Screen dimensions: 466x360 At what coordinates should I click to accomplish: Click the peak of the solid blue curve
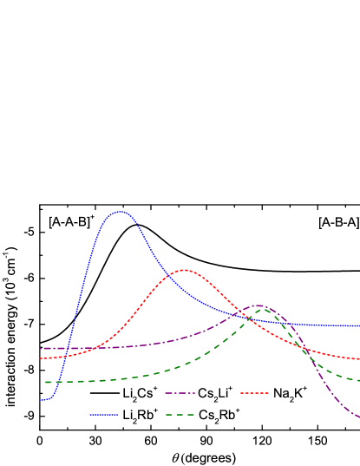pos(120,212)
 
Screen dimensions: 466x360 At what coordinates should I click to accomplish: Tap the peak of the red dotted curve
pos(183,270)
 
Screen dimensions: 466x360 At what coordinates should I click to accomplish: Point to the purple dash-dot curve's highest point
pos(258,305)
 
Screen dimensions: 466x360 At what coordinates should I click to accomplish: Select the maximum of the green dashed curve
pos(262,308)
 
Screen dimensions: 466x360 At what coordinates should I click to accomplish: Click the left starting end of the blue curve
pos(40,400)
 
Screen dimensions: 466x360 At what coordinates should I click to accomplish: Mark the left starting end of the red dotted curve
pos(40,358)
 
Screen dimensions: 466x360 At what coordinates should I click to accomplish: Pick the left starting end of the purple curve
pos(40,349)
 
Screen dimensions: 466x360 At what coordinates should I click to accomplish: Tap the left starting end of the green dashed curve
pos(45,382)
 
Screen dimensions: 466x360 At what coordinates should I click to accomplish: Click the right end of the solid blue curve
pos(359,326)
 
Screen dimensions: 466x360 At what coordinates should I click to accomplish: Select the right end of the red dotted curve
pos(359,358)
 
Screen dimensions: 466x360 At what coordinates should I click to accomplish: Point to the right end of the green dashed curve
pos(359,380)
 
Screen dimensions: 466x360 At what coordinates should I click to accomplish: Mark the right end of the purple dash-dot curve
pos(359,417)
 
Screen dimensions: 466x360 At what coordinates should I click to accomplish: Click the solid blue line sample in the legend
pos(103,415)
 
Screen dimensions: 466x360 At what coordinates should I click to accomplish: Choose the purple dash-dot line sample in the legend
pos(180,393)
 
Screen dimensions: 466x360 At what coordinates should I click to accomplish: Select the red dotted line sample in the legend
pos(254,393)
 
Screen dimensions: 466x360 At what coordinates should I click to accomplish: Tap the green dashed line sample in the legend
pos(180,415)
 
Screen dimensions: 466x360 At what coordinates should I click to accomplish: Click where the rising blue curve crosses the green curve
pos(59,382)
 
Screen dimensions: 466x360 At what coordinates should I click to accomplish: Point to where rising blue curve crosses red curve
pos(65,356)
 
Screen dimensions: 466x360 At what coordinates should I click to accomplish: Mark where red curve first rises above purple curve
pos(90,348)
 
